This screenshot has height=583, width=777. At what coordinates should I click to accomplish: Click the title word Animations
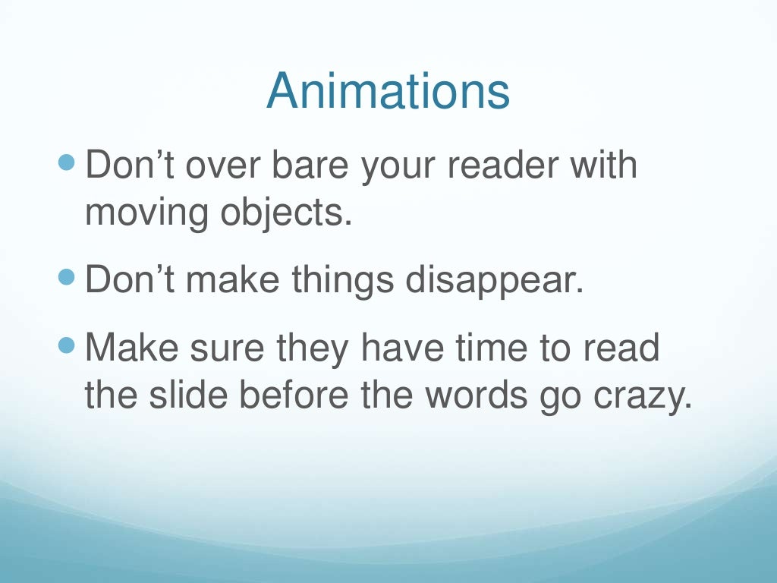coord(388,91)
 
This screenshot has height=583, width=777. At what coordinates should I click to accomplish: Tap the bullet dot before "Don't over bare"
coord(68,162)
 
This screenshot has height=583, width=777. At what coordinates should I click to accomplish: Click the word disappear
coord(494,281)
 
